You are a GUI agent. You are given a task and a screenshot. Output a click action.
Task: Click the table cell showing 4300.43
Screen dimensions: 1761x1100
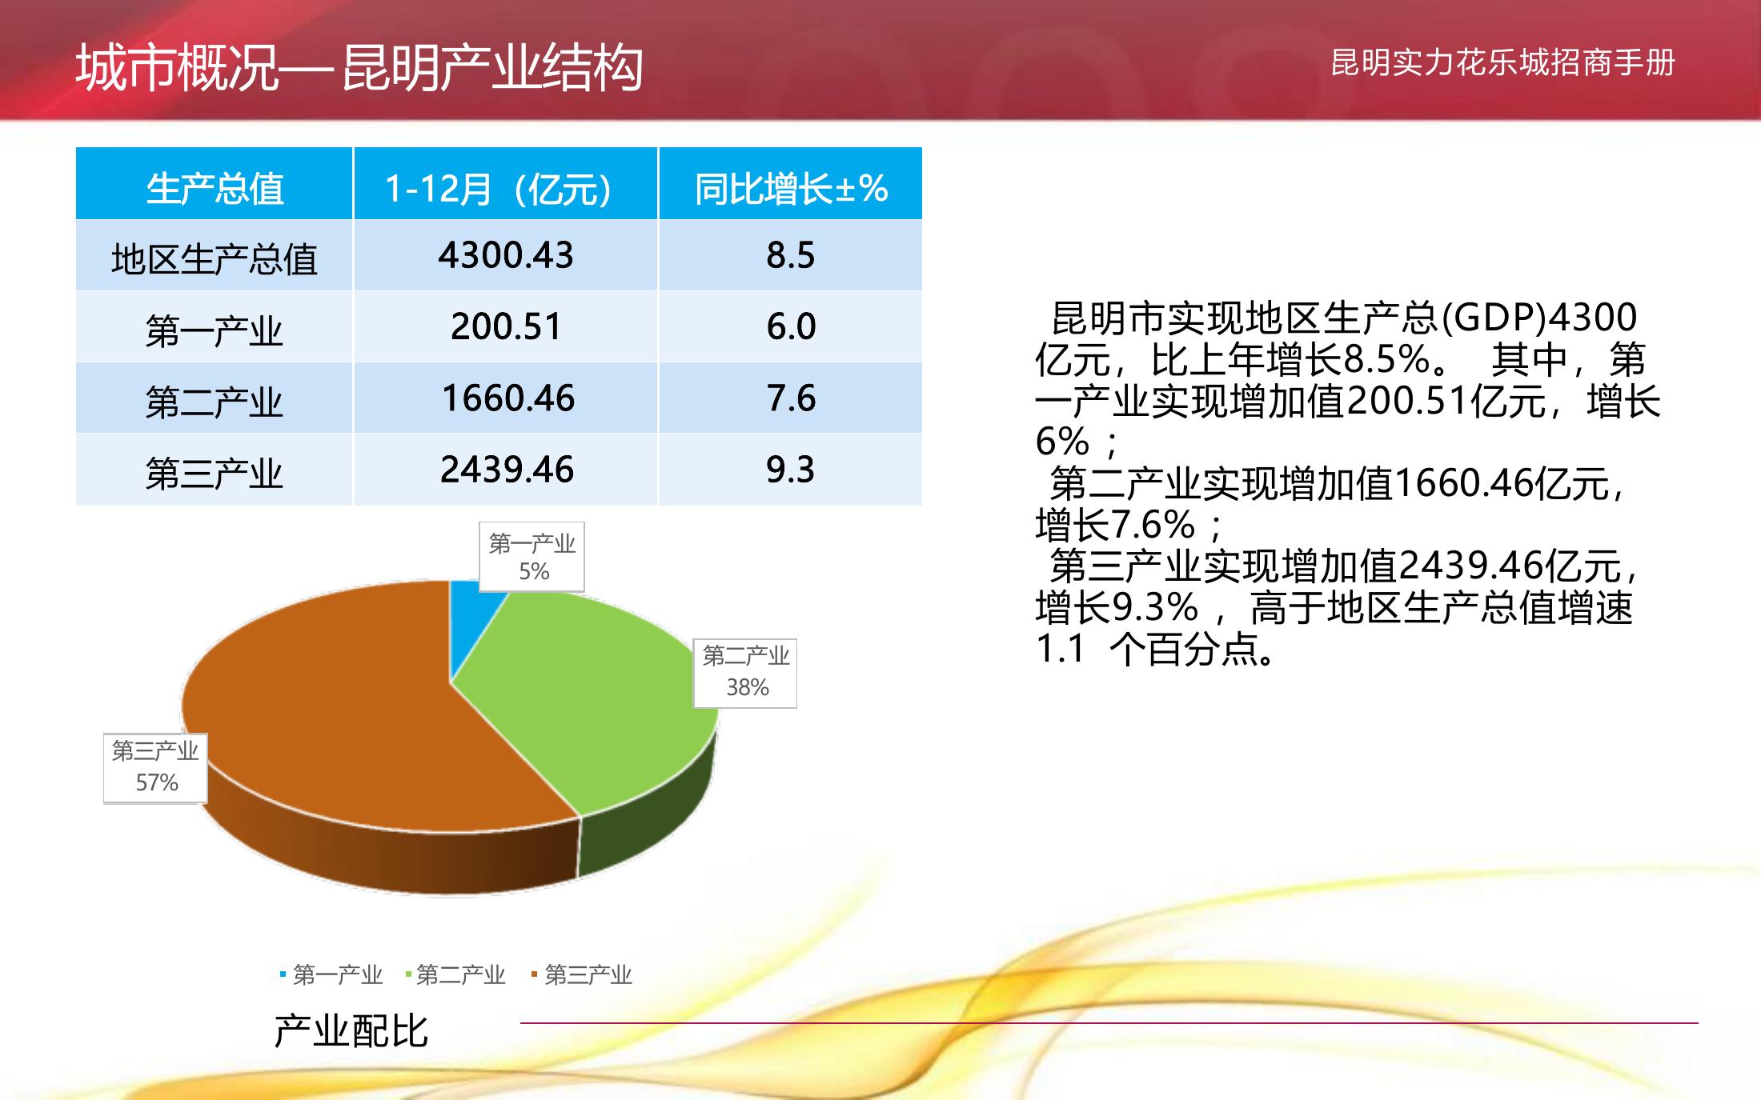506,255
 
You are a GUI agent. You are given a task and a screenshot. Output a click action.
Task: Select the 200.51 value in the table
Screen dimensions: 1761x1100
506,326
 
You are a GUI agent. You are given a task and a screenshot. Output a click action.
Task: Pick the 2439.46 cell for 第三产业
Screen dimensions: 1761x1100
507,469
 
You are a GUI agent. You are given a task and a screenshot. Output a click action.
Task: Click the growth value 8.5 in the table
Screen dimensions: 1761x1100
790,255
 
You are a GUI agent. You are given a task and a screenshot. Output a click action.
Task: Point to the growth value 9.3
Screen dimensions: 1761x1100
790,469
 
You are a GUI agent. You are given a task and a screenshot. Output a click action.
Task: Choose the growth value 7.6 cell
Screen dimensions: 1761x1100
791,398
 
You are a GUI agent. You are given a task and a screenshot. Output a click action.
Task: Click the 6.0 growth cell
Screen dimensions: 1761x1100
791,326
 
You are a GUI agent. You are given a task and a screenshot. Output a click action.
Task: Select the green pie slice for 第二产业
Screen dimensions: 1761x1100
592,704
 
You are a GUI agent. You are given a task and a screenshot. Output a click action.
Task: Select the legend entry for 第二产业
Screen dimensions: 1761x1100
455,974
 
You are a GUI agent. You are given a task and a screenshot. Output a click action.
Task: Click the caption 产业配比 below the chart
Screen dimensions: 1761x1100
351,1030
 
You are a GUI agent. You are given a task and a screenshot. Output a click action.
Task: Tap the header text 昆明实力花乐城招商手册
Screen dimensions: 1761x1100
1502,62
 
